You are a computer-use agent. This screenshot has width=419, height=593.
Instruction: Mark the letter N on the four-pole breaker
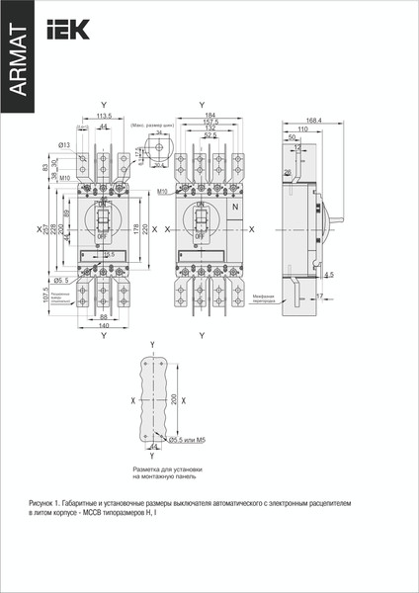(234, 208)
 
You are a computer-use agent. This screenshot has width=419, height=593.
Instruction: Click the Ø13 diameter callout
(64, 145)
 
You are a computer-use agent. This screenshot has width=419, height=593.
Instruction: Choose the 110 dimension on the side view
(301, 129)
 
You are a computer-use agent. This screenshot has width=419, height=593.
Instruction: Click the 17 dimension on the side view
(321, 295)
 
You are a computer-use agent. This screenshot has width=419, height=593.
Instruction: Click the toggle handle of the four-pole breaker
(200, 219)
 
